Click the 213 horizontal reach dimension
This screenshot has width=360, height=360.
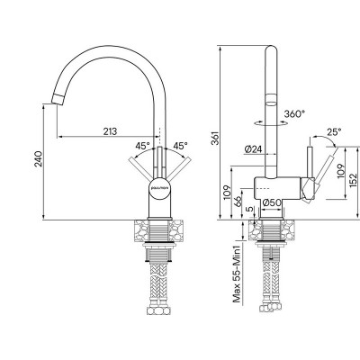(109, 131)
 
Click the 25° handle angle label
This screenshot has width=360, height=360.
(335, 130)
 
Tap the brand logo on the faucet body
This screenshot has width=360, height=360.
(158, 190)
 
